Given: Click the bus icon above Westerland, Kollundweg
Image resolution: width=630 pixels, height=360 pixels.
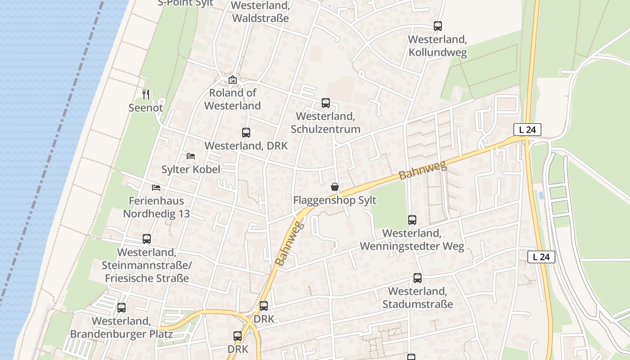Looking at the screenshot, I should coord(437,26).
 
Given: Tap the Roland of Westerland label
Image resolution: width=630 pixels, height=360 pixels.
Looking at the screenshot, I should coord(232,99).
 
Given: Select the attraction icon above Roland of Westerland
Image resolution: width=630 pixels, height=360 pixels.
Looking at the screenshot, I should coord(232,80).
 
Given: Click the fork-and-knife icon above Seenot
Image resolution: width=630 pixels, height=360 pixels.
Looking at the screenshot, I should coord(145,94).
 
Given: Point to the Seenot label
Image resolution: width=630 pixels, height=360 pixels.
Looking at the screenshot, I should coord(145,108).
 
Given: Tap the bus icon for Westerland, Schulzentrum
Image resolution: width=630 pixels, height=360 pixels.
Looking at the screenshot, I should coord(325,103).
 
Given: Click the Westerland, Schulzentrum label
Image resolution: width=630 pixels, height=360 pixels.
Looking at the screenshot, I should coord(325,122).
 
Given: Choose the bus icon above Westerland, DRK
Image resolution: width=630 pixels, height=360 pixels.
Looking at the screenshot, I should coord(246,133).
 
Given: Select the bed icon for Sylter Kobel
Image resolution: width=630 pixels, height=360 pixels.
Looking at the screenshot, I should coord(191,156).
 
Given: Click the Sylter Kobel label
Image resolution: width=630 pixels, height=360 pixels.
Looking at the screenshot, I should coord(191,170).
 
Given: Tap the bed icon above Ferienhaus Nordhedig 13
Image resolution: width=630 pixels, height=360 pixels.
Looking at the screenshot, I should coord(156,187).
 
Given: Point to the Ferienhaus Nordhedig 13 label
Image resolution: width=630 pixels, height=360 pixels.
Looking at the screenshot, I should coord(157,207).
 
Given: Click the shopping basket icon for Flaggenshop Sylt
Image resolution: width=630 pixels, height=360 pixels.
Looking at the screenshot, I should coord(334,187).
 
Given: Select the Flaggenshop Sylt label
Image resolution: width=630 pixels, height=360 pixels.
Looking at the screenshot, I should coord(334,200).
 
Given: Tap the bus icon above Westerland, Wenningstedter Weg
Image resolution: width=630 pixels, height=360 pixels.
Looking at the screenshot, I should coord(412,220).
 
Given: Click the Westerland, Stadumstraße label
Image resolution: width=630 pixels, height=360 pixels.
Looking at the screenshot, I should coord(418,298).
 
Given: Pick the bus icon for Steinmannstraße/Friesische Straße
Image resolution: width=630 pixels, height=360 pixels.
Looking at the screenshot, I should coord(147,239).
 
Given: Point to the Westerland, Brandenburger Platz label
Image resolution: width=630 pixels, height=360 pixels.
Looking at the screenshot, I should coord(121,328).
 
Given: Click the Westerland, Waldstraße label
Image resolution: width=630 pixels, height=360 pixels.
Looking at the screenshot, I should coord(260,12).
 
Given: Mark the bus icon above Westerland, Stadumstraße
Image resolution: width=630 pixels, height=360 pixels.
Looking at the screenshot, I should coord(418,278).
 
